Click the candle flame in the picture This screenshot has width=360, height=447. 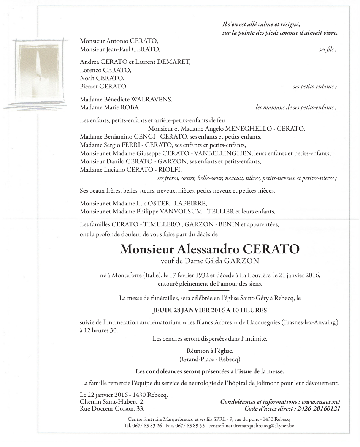pos(38,63)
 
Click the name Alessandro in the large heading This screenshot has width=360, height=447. pos(208,250)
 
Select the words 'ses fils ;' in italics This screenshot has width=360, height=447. pos(328,49)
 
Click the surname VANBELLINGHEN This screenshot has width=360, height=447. pos(223,153)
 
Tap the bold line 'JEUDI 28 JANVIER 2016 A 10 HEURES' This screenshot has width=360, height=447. pos(210,310)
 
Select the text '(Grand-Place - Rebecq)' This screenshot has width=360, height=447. pos(210,359)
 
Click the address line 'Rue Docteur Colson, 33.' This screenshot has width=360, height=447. pos(112,409)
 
